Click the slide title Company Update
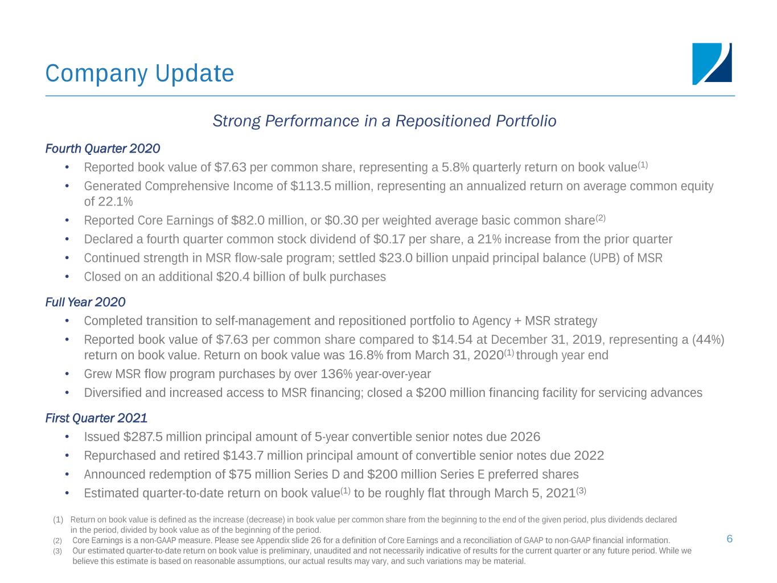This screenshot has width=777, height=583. click(139, 73)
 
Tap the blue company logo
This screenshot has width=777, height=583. click(712, 64)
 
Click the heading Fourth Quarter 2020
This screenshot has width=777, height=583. click(102, 149)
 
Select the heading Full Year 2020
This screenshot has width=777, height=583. click(85, 302)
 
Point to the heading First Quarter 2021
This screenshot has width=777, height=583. click(96, 418)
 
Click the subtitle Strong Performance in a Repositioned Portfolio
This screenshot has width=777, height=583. click(384, 121)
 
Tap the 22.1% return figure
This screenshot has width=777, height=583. click(116, 202)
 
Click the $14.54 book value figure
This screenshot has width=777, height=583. click(453, 340)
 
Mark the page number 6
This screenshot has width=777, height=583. click(729, 539)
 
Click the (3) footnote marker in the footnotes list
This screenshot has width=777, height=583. click(57, 551)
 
